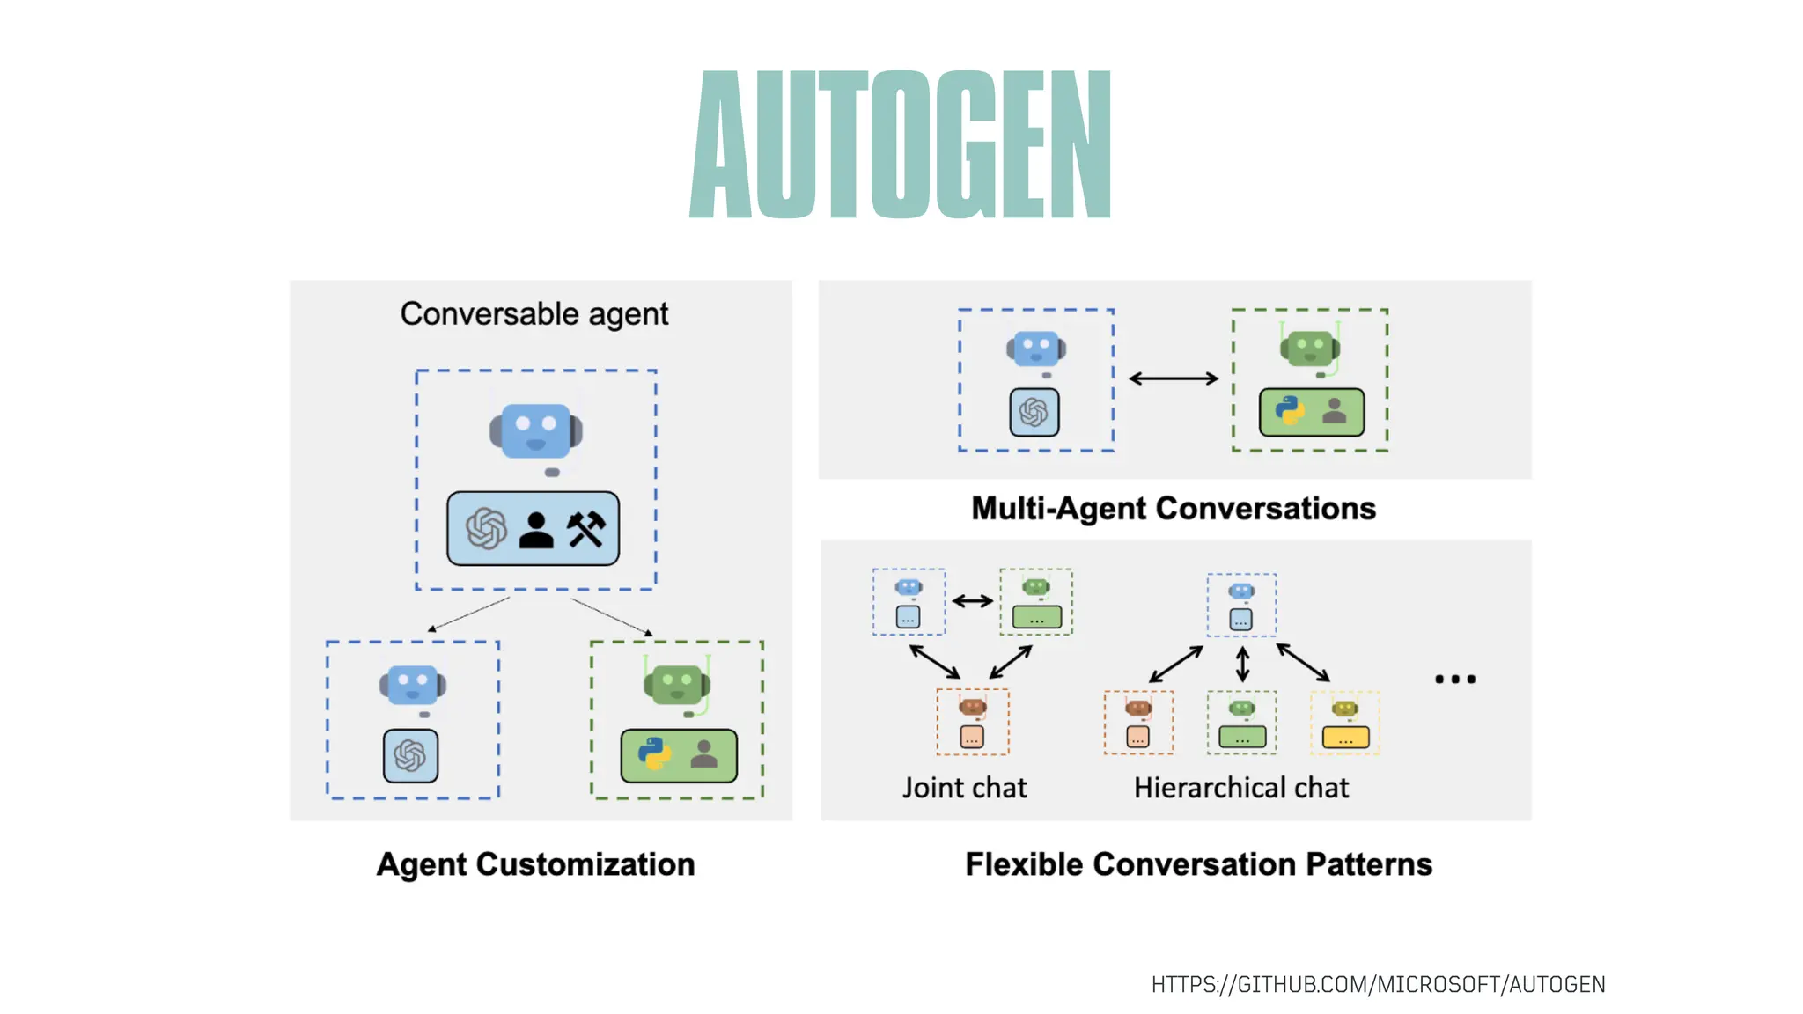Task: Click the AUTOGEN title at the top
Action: click(x=900, y=144)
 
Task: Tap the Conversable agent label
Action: click(x=534, y=314)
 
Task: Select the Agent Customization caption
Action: click(x=535, y=864)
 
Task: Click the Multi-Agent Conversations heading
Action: click(x=1173, y=509)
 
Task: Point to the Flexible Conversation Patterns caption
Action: click(x=1198, y=864)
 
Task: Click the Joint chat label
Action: click(x=964, y=788)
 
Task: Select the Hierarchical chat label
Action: click(x=1240, y=788)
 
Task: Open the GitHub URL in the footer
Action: click(x=1378, y=984)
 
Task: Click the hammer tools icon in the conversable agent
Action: click(x=586, y=529)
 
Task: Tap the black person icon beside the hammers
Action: click(x=536, y=530)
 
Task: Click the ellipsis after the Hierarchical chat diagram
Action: click(x=1454, y=679)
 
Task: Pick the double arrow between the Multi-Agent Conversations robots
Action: click(x=1174, y=378)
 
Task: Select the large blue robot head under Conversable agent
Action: click(x=536, y=431)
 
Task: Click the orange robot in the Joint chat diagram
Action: click(x=972, y=709)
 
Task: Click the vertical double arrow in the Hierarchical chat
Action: click(x=1242, y=664)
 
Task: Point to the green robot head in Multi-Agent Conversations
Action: click(x=1310, y=349)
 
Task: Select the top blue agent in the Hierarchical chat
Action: click(x=1241, y=605)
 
